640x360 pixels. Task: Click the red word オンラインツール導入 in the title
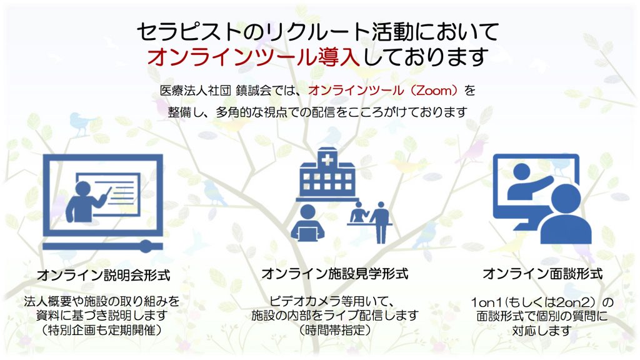[x=253, y=57]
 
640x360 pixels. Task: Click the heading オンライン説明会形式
[x=104, y=275]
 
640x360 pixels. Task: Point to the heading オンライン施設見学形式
[x=335, y=274]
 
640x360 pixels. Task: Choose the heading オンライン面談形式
[x=542, y=274]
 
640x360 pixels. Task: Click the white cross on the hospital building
[x=327, y=161]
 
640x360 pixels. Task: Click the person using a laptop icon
[x=307, y=222]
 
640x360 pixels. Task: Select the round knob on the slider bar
[x=146, y=246]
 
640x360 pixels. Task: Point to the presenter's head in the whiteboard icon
[x=83, y=189]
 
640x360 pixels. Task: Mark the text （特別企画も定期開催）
[x=102, y=330]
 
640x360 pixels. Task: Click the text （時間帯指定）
[x=335, y=329]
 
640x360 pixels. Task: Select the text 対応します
[x=541, y=331]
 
